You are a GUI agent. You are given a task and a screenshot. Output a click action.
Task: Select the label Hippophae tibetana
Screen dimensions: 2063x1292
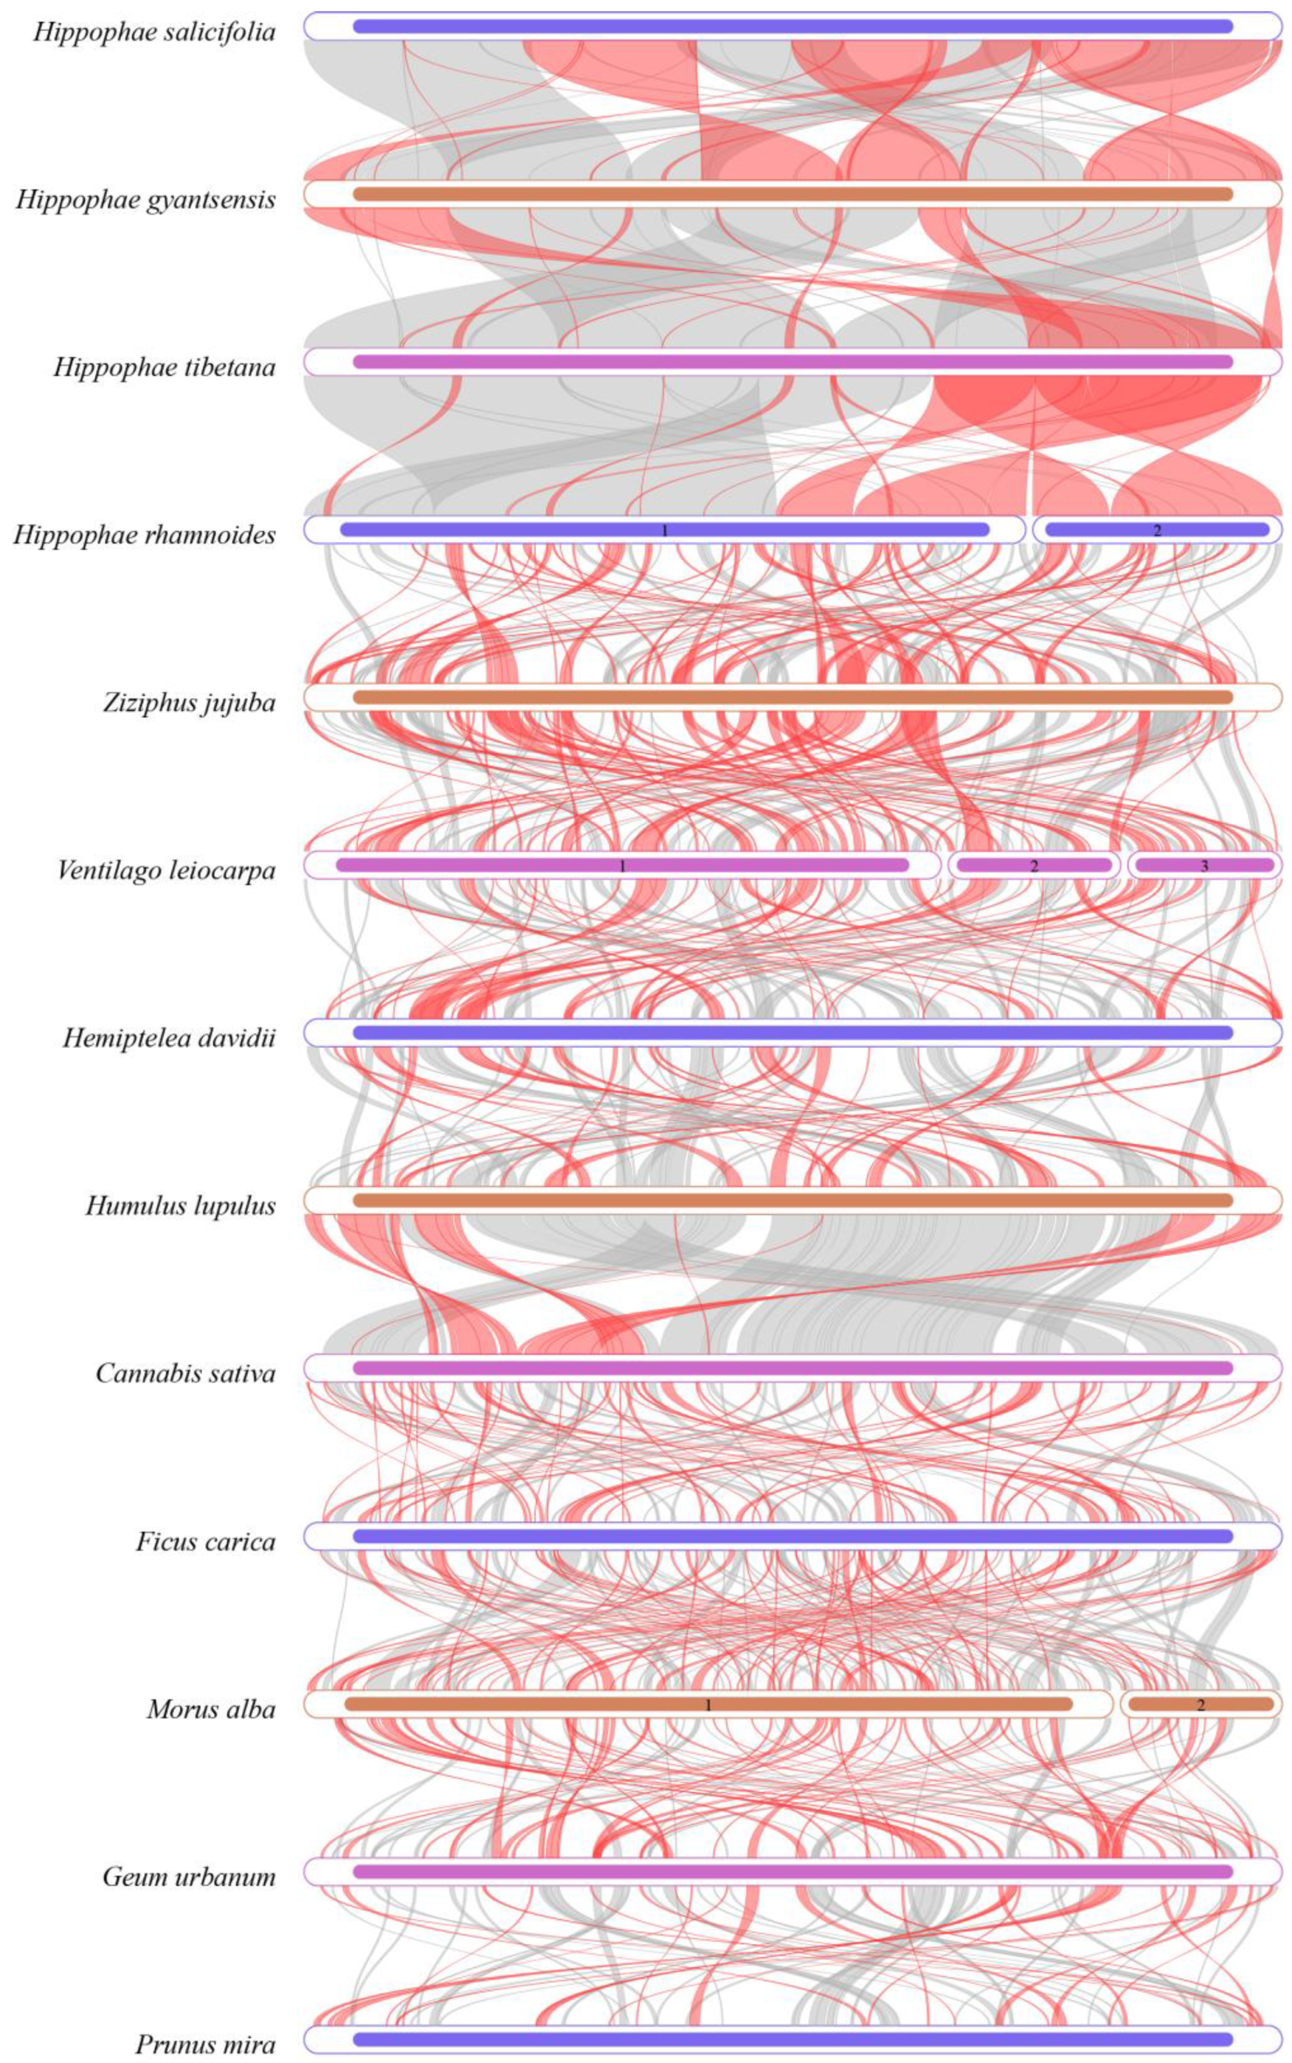point(164,368)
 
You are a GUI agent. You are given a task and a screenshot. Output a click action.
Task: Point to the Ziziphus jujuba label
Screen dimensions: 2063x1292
point(189,702)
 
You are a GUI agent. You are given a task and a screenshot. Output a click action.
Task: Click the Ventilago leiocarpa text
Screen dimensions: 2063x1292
point(166,870)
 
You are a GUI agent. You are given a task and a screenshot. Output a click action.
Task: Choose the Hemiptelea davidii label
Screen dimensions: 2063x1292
point(169,1037)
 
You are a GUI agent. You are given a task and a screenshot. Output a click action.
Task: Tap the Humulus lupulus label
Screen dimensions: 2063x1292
point(180,1205)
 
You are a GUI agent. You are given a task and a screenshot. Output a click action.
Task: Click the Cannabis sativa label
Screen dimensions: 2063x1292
point(186,1373)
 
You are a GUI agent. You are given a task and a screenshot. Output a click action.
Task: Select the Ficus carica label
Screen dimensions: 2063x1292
point(205,1541)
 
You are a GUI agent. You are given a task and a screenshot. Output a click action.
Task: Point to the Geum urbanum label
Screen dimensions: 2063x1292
point(189,1876)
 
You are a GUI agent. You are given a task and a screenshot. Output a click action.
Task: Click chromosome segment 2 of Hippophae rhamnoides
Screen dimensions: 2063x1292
point(1157,530)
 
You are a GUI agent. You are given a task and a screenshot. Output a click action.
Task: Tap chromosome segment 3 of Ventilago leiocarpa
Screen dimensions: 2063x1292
point(1204,865)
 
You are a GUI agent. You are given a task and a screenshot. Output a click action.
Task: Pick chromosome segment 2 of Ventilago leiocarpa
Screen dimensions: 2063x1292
point(1033,865)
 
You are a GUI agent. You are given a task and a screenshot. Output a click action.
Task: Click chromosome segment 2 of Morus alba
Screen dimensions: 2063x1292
point(1200,1703)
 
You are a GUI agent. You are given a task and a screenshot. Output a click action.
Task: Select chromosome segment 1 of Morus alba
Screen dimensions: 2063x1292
point(708,1703)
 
